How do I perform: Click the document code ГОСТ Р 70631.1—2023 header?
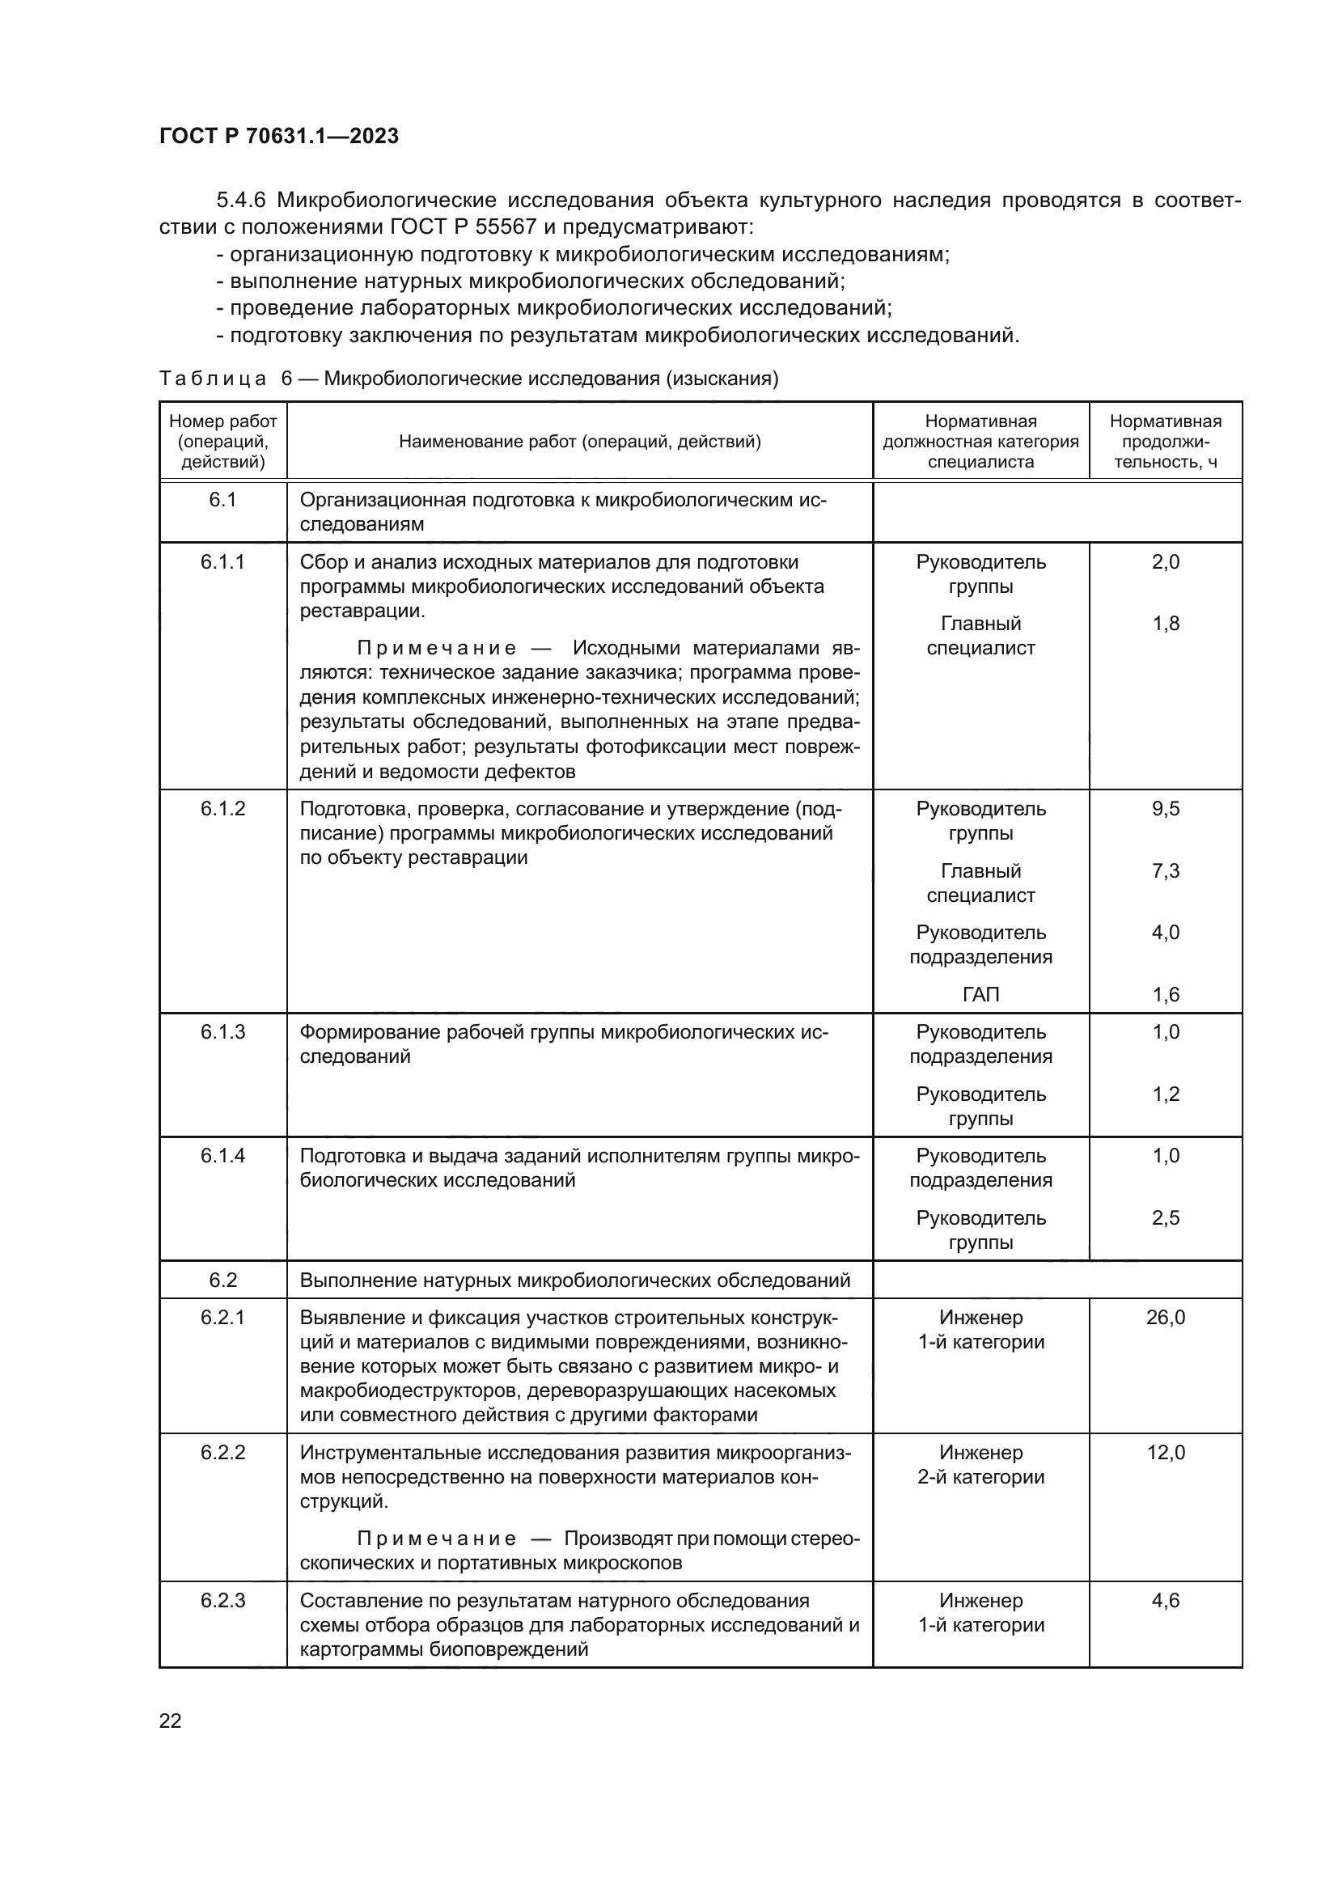point(278,136)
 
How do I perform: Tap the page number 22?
point(170,1721)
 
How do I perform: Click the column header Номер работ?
point(222,441)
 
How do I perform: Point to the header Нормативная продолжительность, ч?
point(1165,441)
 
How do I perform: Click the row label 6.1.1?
point(222,562)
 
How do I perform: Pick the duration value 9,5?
point(1165,808)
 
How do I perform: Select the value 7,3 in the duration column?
point(1165,871)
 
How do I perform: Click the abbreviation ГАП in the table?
point(980,995)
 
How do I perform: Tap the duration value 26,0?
point(1165,1318)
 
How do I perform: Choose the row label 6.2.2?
point(222,1453)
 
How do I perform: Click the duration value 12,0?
point(1165,1453)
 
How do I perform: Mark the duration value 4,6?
point(1165,1600)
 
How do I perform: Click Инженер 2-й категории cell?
point(980,1464)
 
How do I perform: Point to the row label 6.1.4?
point(222,1155)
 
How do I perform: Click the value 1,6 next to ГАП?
point(1165,995)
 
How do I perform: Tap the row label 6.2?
point(222,1280)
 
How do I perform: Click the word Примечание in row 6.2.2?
point(437,1539)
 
